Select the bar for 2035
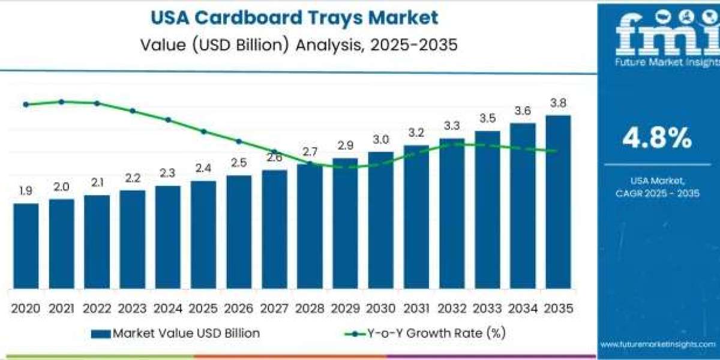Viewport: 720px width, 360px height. tap(558, 201)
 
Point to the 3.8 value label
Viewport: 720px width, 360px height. tap(558, 103)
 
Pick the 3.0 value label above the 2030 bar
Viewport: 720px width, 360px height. tap(380, 139)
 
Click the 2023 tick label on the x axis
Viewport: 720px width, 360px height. tap(133, 308)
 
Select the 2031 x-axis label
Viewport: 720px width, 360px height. tap(416, 308)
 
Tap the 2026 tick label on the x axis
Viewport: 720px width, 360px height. tap(239, 308)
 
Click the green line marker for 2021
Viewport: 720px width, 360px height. tap(61, 102)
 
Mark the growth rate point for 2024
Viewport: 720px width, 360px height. tap(168, 120)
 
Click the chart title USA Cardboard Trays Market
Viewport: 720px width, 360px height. tap(294, 18)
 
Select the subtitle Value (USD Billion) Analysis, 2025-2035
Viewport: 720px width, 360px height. tap(294, 44)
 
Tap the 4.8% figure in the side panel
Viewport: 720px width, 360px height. tap(657, 139)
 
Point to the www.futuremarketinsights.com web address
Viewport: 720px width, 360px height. tap(657, 344)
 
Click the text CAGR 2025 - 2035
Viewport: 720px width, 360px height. tap(657, 193)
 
